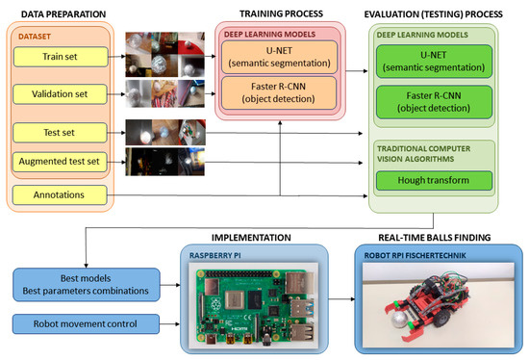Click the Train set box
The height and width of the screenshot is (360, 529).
pyautogui.click(x=59, y=57)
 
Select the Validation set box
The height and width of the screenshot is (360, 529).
pyautogui.click(x=59, y=93)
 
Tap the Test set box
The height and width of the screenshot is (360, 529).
pyautogui.click(x=59, y=131)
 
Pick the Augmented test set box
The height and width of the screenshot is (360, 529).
pyautogui.click(x=59, y=162)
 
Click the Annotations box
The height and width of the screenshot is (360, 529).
pyautogui.click(x=59, y=196)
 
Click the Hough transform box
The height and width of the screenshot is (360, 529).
pyautogui.click(x=442, y=180)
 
